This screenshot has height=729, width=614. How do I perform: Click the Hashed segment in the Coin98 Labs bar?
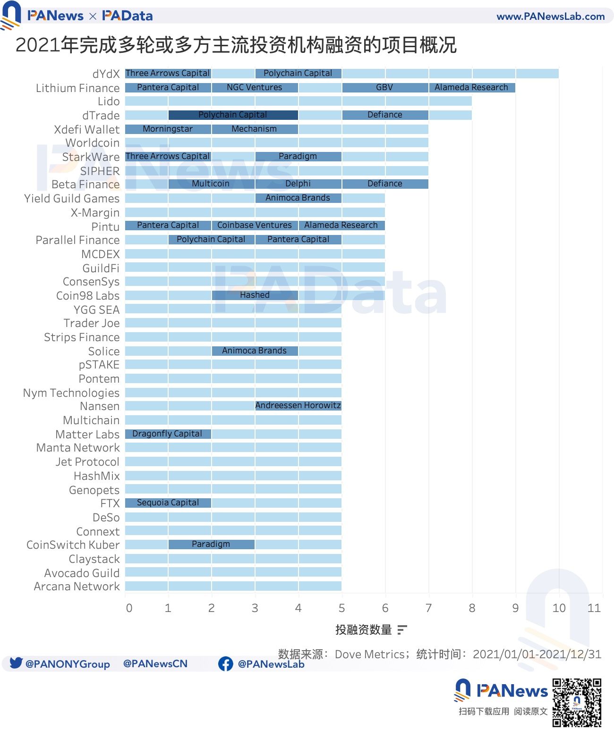coord(255,295)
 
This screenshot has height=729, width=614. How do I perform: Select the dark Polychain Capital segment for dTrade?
coord(233,115)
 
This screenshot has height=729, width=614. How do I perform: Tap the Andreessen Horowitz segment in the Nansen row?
coord(298,406)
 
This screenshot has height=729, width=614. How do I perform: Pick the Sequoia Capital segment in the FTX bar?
coord(168,503)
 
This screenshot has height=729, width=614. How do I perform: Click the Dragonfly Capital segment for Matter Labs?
coord(168,434)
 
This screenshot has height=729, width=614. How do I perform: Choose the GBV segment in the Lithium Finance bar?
coord(385,88)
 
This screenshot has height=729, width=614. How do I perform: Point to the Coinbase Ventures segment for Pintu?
coord(255,226)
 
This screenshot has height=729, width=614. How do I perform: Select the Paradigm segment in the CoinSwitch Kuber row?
coord(211,545)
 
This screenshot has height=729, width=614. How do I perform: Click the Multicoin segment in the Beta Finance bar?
coord(211,184)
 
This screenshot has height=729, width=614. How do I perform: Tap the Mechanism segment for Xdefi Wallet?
coord(255,129)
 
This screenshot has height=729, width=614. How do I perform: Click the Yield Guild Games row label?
coord(72,199)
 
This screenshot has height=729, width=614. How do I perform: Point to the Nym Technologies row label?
coord(71,393)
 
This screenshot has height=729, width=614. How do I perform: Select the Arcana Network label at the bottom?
coord(77,587)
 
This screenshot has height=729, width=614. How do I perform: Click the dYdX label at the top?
coord(106,74)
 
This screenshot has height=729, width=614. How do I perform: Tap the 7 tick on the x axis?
coord(428,608)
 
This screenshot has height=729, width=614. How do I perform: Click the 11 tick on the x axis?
coord(594,608)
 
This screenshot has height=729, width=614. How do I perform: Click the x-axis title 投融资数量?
coord(363,630)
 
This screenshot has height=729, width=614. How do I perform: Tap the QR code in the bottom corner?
coord(577,703)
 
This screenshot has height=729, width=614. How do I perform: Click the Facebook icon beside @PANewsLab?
coord(226,664)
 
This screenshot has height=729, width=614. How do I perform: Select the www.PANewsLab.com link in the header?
coord(550,17)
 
